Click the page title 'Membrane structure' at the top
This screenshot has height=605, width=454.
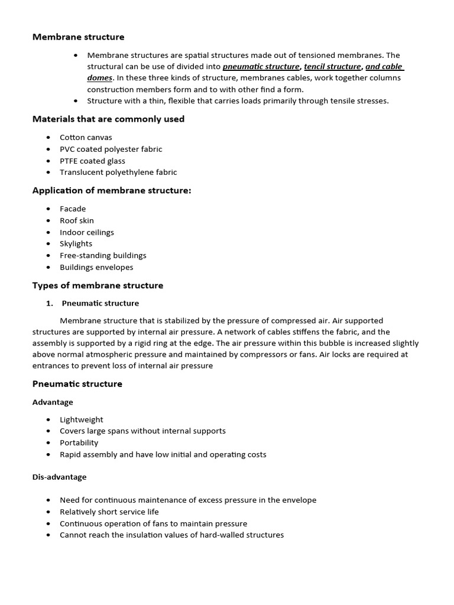(78, 37)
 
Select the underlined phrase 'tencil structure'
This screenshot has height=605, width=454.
(332, 67)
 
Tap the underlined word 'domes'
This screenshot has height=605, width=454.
(99, 78)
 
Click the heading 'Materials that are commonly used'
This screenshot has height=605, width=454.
(108, 119)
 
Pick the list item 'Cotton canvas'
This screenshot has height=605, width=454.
(86, 137)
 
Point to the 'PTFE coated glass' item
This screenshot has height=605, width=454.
(92, 161)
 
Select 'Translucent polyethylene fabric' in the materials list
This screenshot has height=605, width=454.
(118, 173)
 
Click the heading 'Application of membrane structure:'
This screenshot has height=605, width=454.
(112, 190)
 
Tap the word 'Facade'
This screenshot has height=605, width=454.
(73, 209)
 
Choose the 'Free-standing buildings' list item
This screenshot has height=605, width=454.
(103, 256)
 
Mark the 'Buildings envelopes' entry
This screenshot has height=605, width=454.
(96, 268)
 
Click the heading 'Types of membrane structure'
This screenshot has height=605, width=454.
(98, 285)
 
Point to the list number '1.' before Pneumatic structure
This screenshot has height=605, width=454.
(50, 304)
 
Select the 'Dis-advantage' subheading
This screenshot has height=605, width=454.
(59, 477)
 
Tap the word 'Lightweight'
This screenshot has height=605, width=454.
(82, 419)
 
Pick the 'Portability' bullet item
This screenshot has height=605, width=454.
(79, 443)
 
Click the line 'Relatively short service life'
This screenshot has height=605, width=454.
(109, 512)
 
